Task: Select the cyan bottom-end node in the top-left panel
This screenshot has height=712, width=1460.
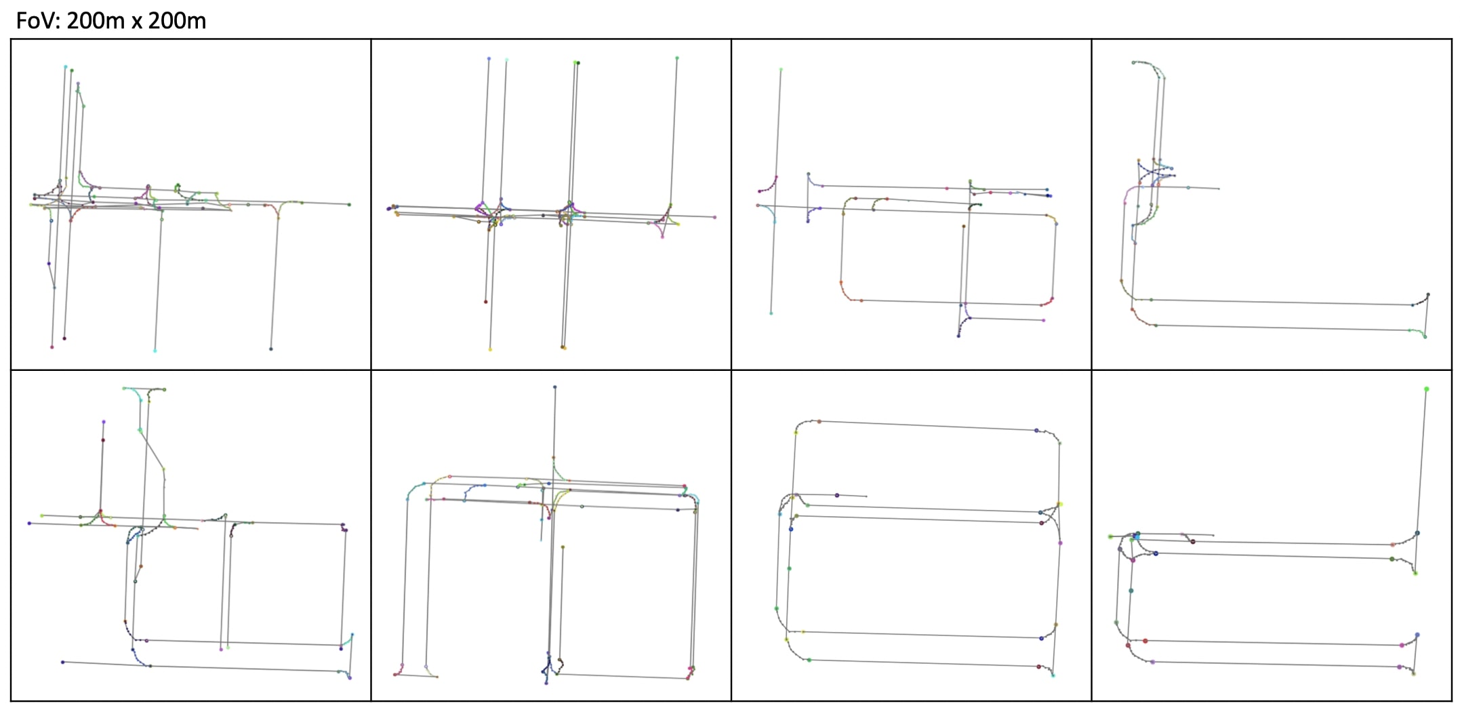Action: click(x=155, y=351)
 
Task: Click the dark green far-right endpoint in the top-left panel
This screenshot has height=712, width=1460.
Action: click(x=349, y=204)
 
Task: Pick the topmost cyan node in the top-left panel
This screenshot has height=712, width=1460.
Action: click(x=66, y=66)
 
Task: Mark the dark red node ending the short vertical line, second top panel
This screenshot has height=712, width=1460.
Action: click(x=485, y=302)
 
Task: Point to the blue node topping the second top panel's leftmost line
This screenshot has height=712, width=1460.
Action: click(x=489, y=59)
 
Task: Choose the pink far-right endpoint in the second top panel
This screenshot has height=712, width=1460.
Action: click(x=714, y=217)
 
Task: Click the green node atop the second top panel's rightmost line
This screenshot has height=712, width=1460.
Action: click(x=676, y=58)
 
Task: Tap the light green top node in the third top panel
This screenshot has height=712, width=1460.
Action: click(x=781, y=69)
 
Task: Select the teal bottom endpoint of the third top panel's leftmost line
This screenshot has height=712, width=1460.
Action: click(x=771, y=313)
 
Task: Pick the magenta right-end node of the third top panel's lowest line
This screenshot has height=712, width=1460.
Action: click(x=1043, y=320)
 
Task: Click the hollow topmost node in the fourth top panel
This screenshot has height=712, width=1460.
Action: click(x=1133, y=62)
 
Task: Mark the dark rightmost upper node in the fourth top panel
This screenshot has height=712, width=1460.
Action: click(x=1428, y=294)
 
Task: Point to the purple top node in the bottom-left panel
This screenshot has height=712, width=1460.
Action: click(x=104, y=422)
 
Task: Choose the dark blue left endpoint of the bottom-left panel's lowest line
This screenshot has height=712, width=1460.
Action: click(x=62, y=662)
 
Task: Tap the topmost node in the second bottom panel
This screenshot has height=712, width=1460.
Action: click(x=554, y=387)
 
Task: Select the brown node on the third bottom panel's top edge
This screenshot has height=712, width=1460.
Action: click(x=819, y=421)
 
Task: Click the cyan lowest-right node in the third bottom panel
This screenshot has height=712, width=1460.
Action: click(x=1053, y=675)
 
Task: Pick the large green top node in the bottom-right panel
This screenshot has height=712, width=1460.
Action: click(x=1427, y=389)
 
